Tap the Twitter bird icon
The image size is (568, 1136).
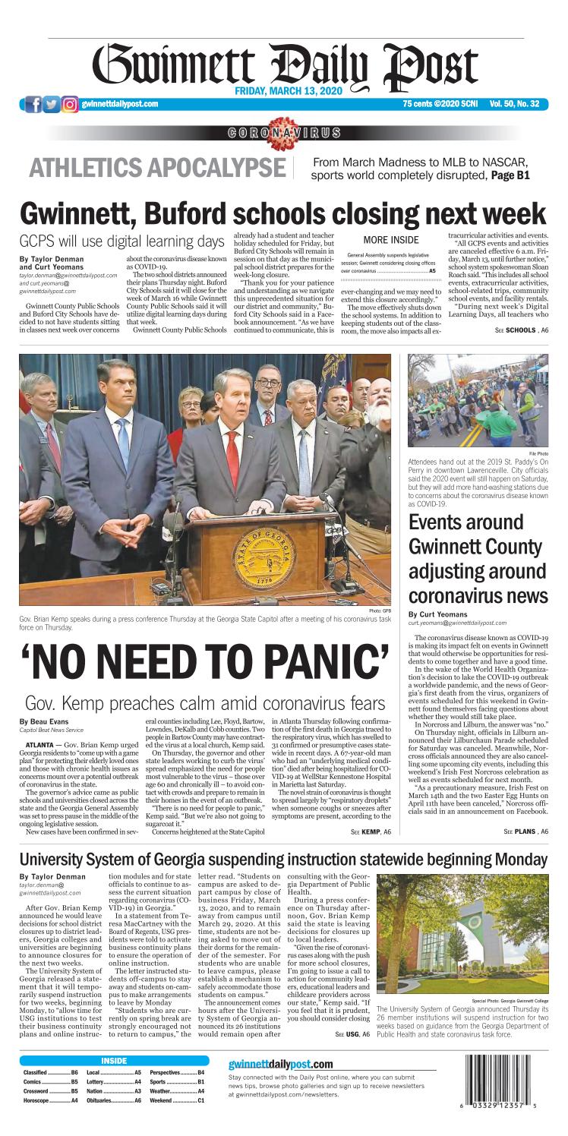pos(52,104)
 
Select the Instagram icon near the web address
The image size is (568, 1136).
pos(70,104)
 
